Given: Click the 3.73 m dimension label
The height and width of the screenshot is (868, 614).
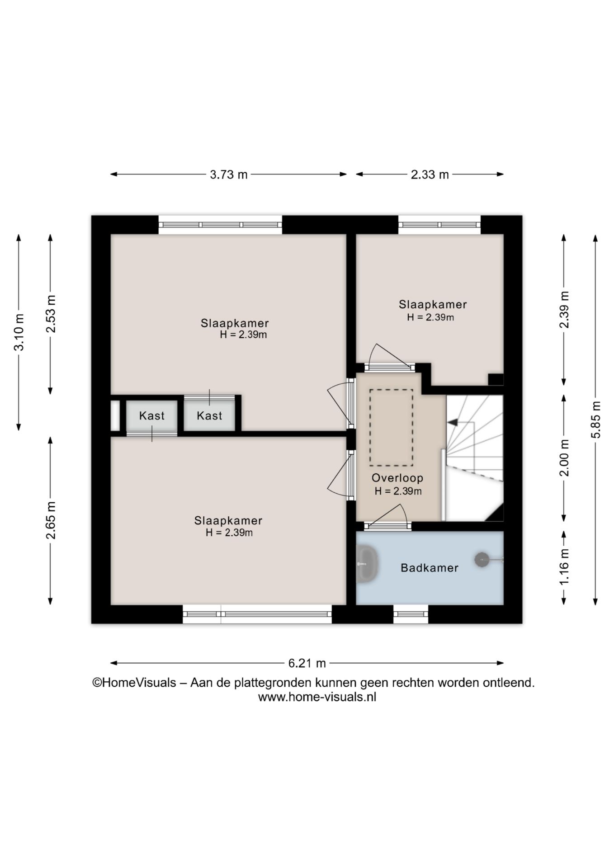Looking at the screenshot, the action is tap(229, 174).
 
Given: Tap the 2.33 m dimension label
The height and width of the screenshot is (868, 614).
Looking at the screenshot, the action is tap(430, 174).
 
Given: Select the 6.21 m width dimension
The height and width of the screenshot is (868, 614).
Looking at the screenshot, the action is tap(307, 663).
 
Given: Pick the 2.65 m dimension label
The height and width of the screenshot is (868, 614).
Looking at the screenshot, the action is tap(51, 520).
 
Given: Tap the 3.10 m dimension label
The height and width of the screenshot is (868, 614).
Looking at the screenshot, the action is tap(19, 332).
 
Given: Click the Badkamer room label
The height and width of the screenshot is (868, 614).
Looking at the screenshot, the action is tap(430, 568).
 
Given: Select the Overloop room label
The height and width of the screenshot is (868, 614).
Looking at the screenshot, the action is tap(397, 478).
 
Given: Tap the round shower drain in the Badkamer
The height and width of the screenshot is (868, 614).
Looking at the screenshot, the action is tap(482, 560).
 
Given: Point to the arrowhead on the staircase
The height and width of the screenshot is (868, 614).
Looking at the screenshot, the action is tap(452, 422).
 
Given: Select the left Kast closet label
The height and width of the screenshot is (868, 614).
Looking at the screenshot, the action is tap(152, 415).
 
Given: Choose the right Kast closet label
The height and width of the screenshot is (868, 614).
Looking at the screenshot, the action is tap(209, 415).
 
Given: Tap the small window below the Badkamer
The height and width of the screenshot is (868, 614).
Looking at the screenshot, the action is tap(411, 614).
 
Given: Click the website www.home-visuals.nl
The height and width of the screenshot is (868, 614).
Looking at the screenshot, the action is tap(317, 697).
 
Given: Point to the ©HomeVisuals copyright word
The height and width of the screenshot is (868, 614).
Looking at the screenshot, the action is tap(134, 682).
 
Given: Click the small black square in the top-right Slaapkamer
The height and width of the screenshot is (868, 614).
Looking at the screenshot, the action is tap(496, 379).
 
